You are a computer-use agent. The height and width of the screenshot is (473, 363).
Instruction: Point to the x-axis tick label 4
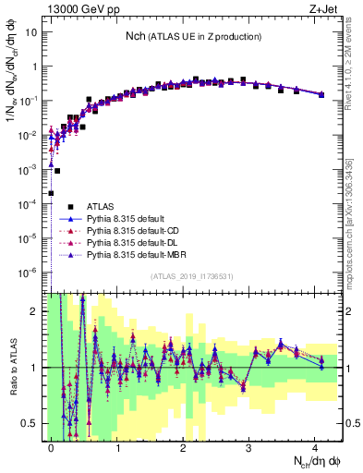pos(316,445)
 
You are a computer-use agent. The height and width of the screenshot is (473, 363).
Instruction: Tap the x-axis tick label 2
pos(184,445)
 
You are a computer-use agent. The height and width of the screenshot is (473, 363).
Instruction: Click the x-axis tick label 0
pos(52,445)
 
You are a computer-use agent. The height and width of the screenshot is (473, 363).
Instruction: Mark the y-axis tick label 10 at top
pos(30,31)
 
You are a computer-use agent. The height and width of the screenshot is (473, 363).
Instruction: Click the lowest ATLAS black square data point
pos(52,193)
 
